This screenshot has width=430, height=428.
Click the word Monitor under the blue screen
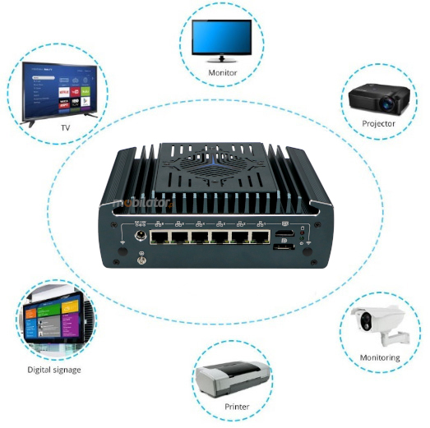click(x=222, y=72)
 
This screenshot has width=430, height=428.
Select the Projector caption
click(x=378, y=123)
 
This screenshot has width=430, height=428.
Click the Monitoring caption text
click(x=380, y=357)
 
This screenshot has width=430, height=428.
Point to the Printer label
click(x=237, y=407)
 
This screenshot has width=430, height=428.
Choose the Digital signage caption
click(x=54, y=370)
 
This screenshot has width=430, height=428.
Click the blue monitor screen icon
click(x=222, y=36)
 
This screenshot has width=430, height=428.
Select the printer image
click(x=233, y=379)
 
